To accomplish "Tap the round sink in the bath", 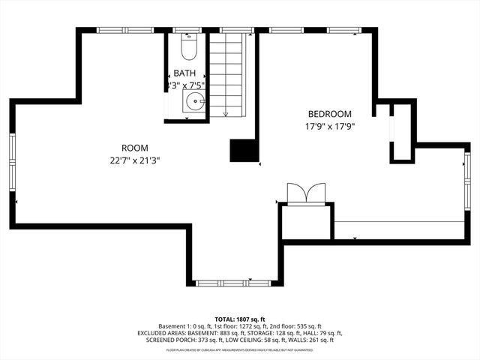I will tap(195, 102).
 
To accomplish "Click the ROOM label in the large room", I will tap(135, 148).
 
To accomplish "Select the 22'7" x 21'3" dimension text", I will tap(135, 160).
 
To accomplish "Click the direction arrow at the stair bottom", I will tap(226, 113).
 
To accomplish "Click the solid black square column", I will tap(243, 150).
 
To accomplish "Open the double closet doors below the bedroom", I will tap(306, 193).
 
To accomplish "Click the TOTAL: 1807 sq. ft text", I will tap(240, 319).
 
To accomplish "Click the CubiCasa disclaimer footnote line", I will tap(240, 349).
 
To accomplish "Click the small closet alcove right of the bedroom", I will tap(402, 132).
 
